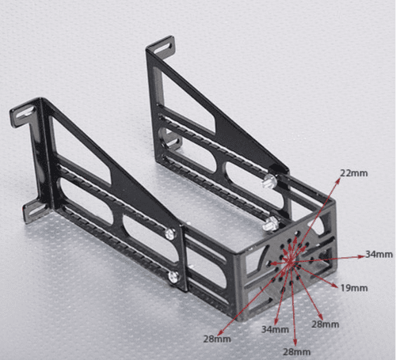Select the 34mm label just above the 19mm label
[379, 254]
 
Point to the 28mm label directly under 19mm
[326, 324]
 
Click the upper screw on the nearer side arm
[170, 233]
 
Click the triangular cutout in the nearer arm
[87, 151]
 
